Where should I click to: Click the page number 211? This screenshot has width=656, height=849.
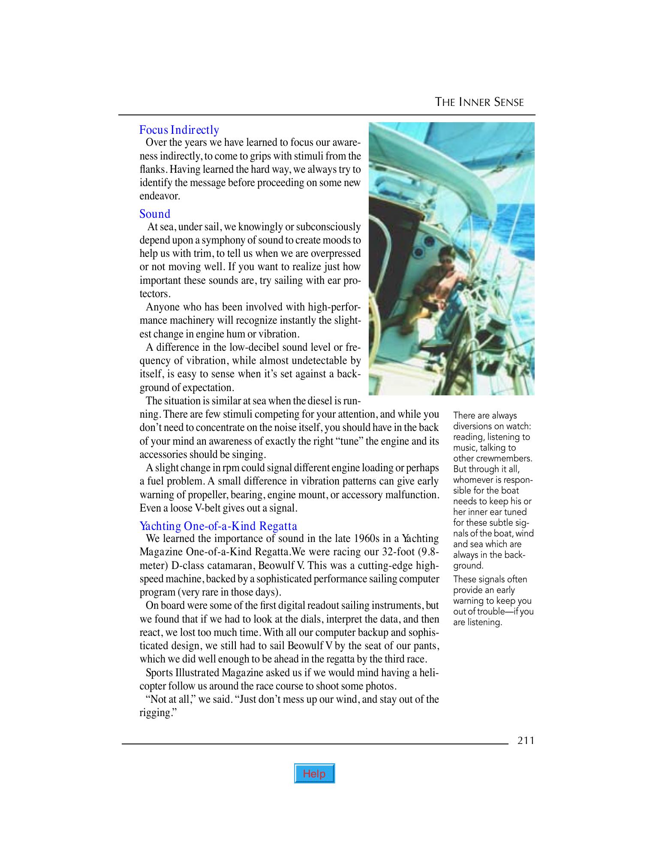click(x=526, y=741)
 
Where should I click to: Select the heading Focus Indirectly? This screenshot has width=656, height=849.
click(x=179, y=130)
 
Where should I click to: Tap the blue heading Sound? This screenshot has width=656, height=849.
click(x=155, y=214)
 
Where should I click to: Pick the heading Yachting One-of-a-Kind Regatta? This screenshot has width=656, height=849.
click(x=218, y=526)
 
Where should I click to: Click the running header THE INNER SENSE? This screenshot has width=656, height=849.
click(x=479, y=102)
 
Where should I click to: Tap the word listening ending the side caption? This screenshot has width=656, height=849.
click(x=483, y=622)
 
